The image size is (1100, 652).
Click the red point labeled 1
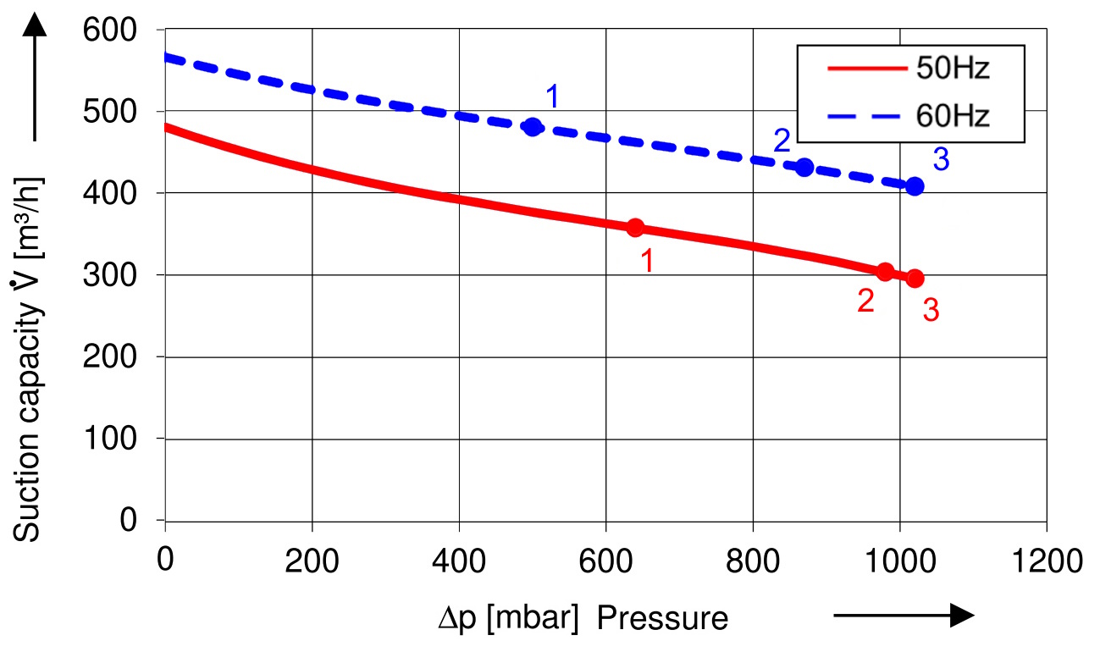coord(635,227)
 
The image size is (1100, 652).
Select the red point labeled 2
coord(885,272)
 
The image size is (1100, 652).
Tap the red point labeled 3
coord(915,278)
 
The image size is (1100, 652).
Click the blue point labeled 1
coord(533,127)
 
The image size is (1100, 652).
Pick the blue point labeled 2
coord(804,167)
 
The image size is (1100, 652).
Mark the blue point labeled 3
coord(915,186)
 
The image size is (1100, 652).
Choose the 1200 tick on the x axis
coord(1047,561)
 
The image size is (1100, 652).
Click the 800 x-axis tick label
coord(753,561)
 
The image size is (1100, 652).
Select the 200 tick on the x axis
coord(312,561)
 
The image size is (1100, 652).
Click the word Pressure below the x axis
coord(662,619)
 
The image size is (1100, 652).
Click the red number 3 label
coord(931,311)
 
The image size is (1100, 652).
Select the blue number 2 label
coord(782,141)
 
